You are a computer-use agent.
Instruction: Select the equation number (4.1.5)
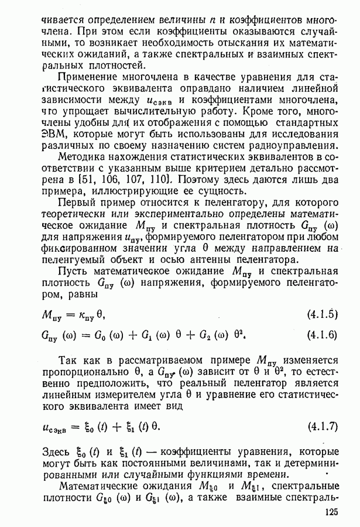point(322,314)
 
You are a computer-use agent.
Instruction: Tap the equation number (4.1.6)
point(322,335)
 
